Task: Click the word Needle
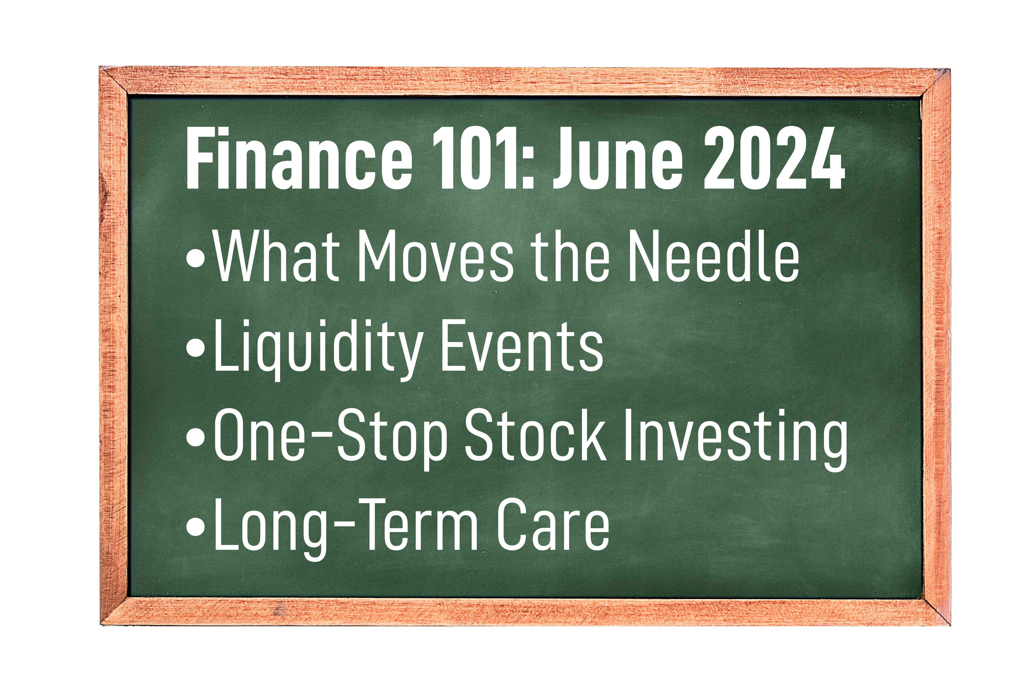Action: (x=713, y=258)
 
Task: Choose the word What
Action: (x=277, y=258)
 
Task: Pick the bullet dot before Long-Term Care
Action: (x=196, y=530)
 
